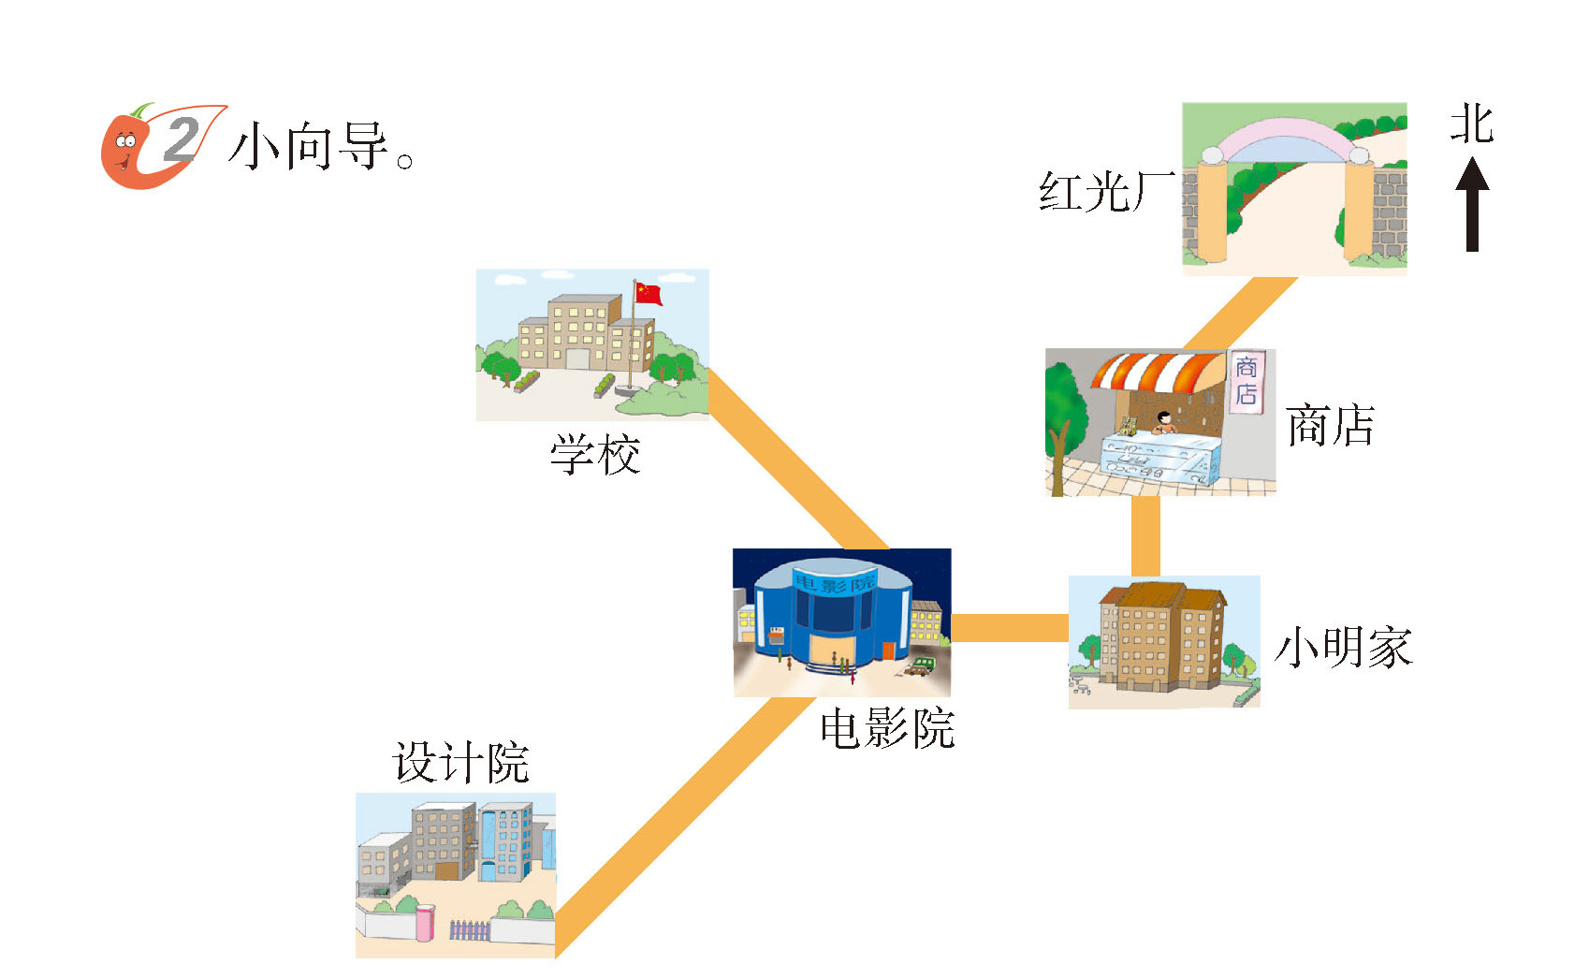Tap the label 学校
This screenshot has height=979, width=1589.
pyautogui.click(x=595, y=456)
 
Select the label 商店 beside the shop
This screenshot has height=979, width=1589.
pyautogui.click(x=1330, y=427)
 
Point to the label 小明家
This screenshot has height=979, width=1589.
pyautogui.click(x=1343, y=648)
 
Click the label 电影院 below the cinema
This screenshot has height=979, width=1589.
pyautogui.click(x=886, y=728)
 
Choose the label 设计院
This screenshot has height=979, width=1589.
pyautogui.click(x=460, y=764)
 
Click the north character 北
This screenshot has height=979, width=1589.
pyautogui.click(x=1471, y=124)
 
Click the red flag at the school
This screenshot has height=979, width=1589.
pyautogui.click(x=648, y=293)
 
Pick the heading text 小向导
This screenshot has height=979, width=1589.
pyautogui.click(x=309, y=147)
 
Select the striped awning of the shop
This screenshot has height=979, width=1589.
pyautogui.click(x=1158, y=371)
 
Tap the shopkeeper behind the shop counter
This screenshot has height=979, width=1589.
pyautogui.click(x=1164, y=423)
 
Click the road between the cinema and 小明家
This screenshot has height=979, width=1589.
pyautogui.click(x=1010, y=628)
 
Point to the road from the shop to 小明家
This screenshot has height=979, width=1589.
pyautogui.click(x=1145, y=535)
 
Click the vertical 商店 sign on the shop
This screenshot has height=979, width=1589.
pyautogui.click(x=1246, y=380)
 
